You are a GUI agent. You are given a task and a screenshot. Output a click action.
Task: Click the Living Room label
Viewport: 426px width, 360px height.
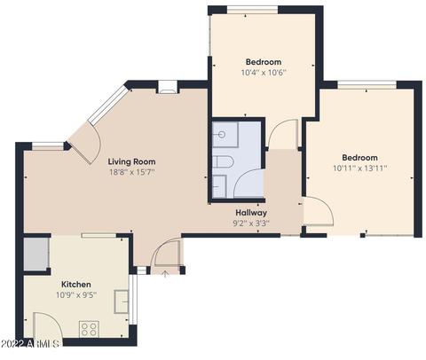131,161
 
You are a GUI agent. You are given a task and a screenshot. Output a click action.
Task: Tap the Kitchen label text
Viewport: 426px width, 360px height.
76,285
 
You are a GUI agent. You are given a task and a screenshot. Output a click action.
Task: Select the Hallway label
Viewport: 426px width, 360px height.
251,213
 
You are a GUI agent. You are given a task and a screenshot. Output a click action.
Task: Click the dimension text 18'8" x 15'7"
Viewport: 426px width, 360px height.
132,172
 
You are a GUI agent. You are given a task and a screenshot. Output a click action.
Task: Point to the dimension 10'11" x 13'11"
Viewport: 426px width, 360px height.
360,168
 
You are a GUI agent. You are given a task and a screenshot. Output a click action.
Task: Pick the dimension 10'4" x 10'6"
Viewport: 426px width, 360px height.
264,73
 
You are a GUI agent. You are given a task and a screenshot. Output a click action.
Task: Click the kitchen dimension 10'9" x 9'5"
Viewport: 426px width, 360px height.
76,295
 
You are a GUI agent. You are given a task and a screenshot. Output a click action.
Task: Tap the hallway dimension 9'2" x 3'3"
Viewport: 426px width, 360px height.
251,223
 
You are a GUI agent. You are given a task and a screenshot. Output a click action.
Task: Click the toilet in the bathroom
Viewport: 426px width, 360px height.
224,162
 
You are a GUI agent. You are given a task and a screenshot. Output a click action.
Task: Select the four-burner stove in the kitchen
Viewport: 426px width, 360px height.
89,329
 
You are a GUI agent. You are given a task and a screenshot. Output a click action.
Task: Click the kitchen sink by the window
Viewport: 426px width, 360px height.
122,301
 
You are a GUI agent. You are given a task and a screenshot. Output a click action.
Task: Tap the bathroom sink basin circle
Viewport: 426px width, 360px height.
222,135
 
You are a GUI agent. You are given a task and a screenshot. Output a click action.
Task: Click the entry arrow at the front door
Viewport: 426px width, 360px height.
165,274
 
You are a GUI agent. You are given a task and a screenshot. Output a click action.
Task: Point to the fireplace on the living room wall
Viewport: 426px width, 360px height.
169,87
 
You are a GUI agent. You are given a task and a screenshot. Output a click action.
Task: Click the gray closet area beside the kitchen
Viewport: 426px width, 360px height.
36,254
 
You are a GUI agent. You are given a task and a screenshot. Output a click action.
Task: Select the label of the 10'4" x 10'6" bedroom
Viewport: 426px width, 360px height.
264,62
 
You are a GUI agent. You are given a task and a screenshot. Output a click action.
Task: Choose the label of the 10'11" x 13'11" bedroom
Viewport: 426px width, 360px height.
359,158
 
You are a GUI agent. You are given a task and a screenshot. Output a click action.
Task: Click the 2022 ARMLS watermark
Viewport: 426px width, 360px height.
29,344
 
